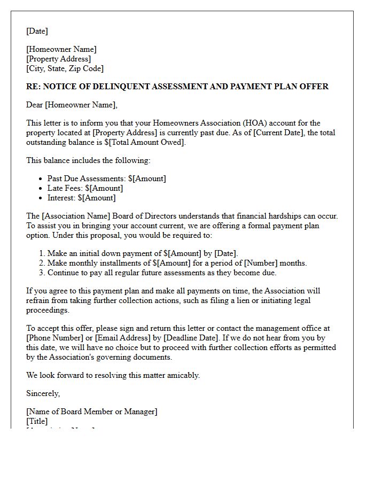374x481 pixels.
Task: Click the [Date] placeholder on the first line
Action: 37,31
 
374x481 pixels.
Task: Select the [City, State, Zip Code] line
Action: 65,68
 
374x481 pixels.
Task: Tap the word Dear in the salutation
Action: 35,105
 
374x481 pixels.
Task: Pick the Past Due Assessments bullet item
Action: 106,179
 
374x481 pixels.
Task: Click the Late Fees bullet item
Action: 85,188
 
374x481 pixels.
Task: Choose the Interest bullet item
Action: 81,198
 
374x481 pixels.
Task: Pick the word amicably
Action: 182,375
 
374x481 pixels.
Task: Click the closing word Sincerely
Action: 43,393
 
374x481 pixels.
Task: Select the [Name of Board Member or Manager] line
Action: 92,412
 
